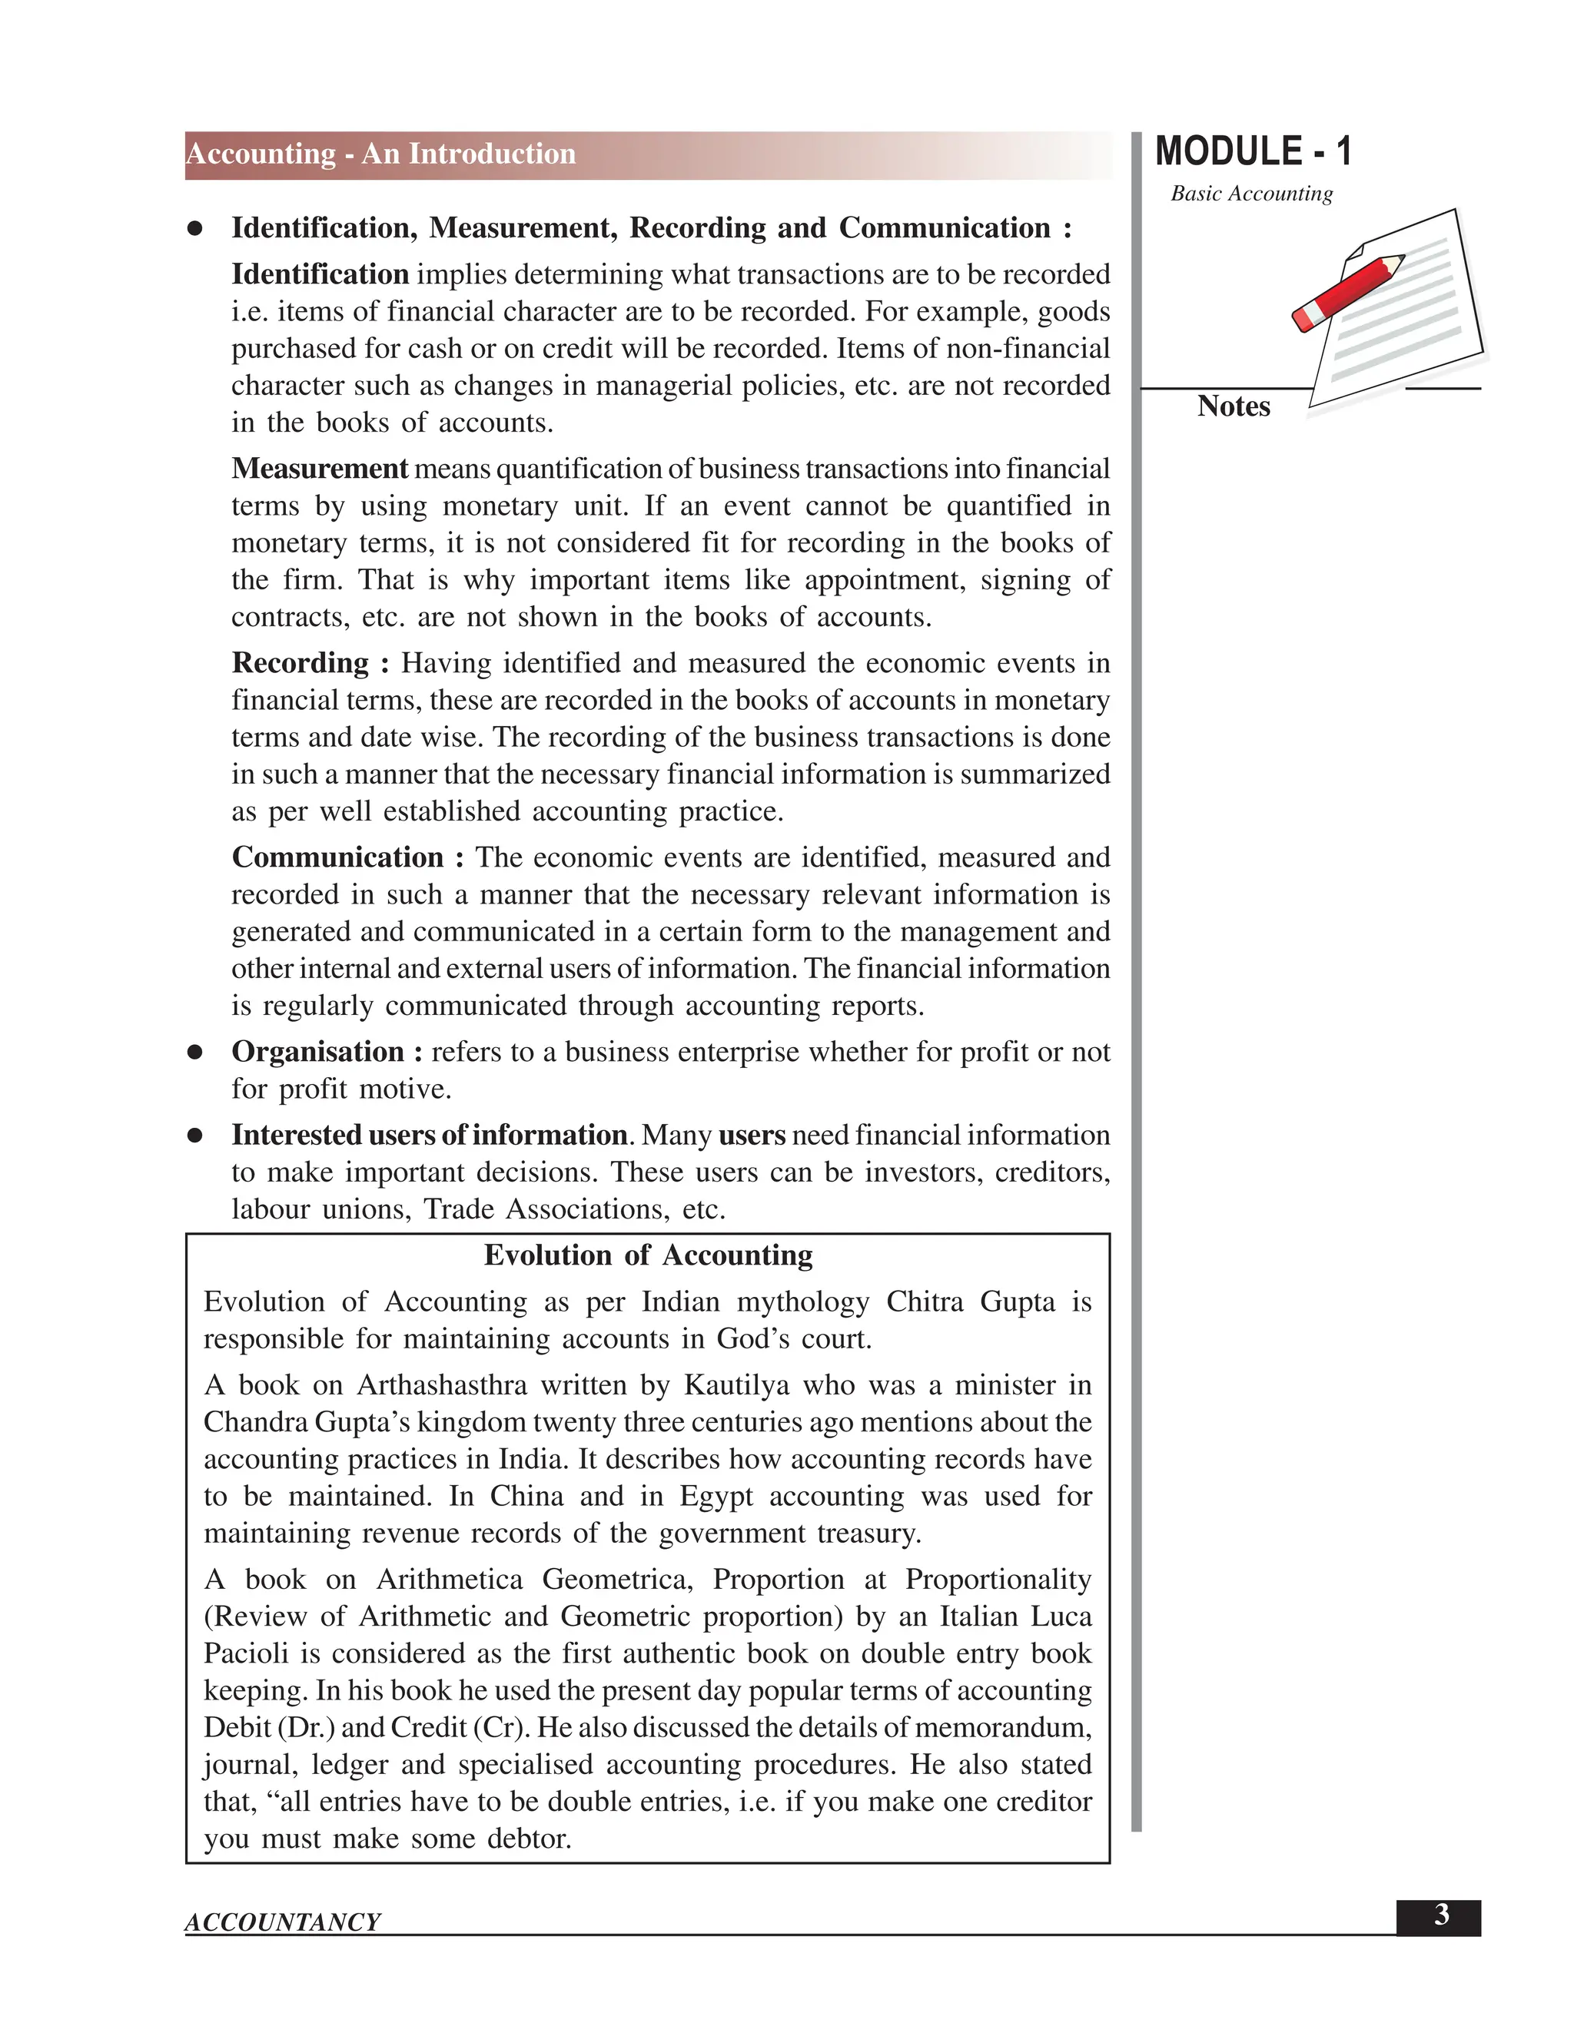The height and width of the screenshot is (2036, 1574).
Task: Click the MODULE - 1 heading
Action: (x=1252, y=152)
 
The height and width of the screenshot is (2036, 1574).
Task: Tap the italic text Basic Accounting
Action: (x=1251, y=194)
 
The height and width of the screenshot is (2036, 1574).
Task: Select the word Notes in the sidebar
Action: (x=1233, y=406)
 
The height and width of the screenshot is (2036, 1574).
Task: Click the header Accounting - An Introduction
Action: (x=380, y=154)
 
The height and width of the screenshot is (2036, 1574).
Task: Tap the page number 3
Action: (x=1441, y=1915)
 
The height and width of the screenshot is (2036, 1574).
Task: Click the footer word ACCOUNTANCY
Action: (x=283, y=1922)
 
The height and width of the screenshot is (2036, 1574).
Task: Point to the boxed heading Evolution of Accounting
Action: (x=648, y=1255)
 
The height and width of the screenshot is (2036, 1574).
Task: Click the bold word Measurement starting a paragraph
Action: (x=319, y=468)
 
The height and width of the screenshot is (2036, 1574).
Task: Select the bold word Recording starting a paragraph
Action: (x=301, y=663)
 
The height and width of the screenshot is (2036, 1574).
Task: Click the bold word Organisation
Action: (x=317, y=1052)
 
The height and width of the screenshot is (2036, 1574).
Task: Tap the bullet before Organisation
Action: (x=195, y=1053)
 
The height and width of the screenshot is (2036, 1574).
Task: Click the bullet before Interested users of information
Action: (x=195, y=1136)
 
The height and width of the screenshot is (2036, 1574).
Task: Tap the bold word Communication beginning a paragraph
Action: (x=337, y=857)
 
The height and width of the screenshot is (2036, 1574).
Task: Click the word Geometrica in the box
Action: (x=616, y=1579)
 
